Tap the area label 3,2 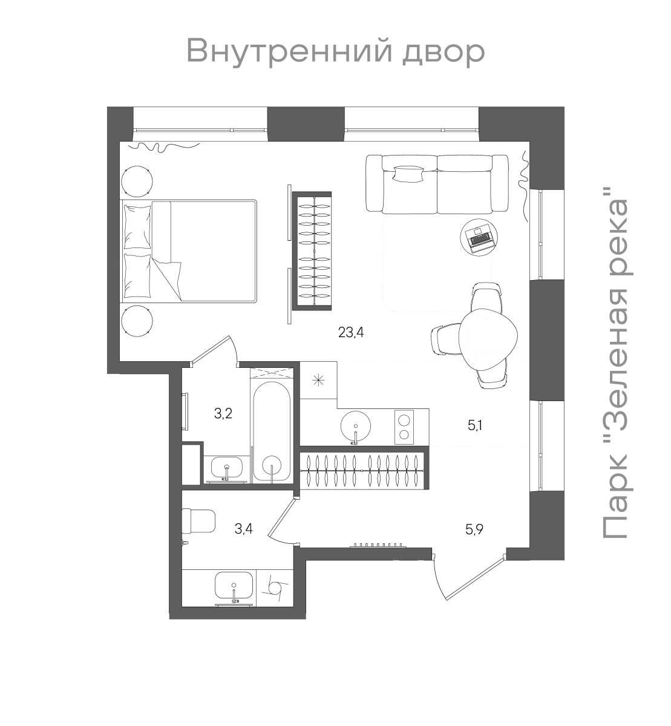coord(223,414)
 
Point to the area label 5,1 coord(474,425)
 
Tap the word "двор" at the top coord(443,51)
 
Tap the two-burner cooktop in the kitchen coord(404,426)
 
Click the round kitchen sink coord(357,426)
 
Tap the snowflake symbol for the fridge coord(319,381)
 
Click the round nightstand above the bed coord(137,180)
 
